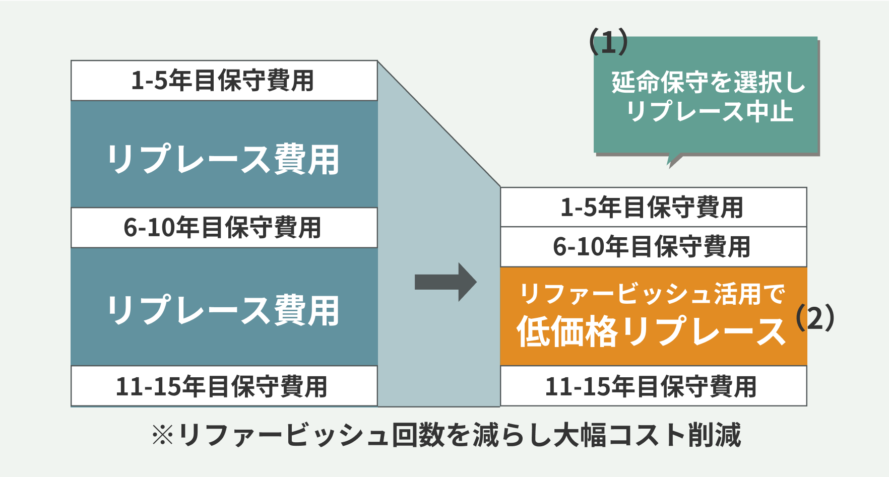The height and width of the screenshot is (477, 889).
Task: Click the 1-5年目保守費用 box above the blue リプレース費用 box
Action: [224, 81]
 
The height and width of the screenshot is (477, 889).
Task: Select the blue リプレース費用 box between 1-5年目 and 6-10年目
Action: [224, 158]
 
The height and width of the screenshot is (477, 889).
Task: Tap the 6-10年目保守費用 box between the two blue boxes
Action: [224, 227]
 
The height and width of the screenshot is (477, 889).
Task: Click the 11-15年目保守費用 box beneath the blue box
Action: [224, 386]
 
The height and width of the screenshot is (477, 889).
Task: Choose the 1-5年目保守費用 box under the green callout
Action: [653, 207]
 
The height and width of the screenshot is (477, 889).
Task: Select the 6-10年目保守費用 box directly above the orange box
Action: [653, 247]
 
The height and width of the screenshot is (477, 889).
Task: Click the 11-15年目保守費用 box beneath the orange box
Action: [653, 386]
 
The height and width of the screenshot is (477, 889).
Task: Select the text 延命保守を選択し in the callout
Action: [708, 82]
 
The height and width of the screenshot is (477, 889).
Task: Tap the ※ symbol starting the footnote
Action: [163, 435]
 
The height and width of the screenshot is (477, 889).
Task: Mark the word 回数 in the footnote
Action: [418, 435]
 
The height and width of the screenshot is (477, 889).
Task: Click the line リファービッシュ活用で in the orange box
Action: [652, 294]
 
